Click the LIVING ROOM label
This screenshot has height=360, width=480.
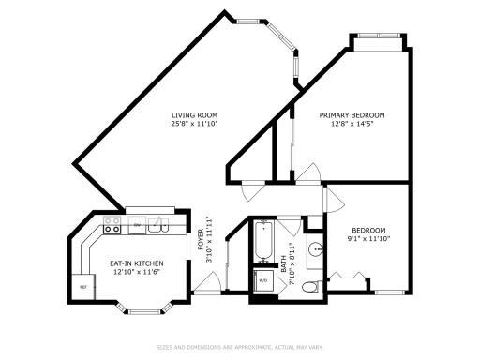(194, 115)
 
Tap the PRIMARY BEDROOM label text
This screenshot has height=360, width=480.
(352, 115)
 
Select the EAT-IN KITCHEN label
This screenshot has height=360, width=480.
(137, 263)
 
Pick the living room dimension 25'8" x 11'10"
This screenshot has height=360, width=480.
(194, 124)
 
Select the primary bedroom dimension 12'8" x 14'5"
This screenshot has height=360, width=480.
(352, 124)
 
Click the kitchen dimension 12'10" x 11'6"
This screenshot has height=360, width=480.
(137, 272)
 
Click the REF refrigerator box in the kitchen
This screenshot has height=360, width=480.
(83, 287)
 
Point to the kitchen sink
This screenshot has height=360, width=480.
(158, 225)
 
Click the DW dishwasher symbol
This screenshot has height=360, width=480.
(137, 226)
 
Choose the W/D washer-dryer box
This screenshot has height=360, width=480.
(262, 279)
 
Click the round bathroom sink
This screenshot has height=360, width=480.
(316, 249)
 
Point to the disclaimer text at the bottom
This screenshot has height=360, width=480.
(240, 346)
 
